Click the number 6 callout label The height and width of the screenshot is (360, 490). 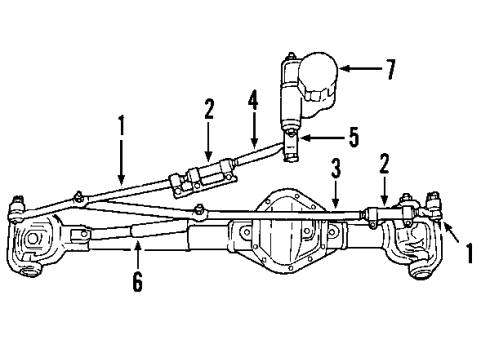pos(136,283)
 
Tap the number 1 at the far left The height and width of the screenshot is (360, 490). pos(121,127)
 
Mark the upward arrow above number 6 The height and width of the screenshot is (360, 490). pos(136,254)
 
